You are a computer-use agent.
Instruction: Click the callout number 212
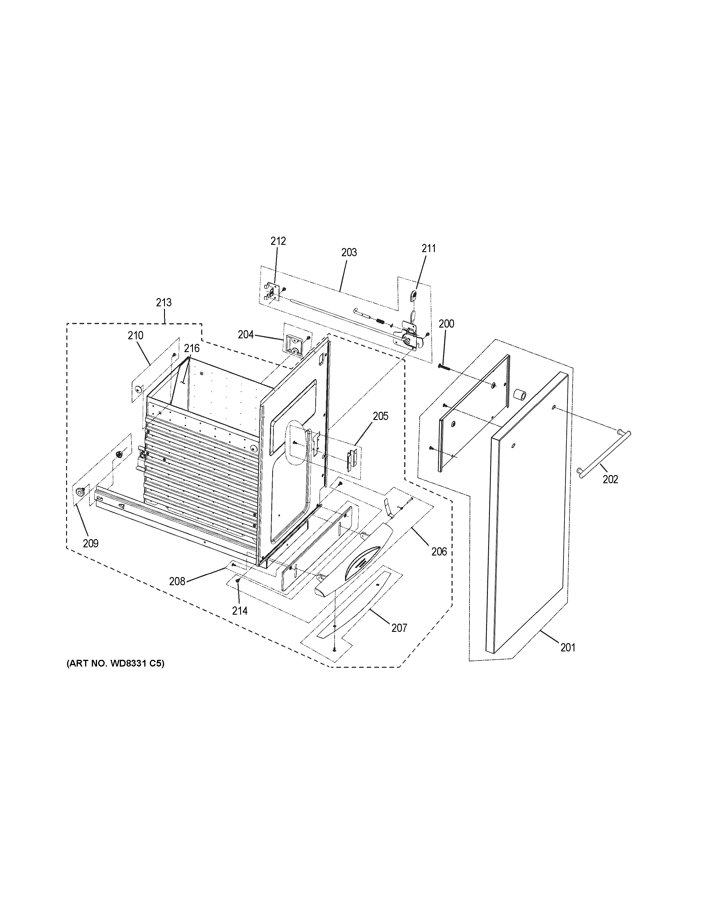tap(278, 241)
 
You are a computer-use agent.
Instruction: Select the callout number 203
tap(349, 252)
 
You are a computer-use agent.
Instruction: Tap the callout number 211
tap(428, 249)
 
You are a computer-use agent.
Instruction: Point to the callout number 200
tap(446, 324)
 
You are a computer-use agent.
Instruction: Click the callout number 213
tap(163, 303)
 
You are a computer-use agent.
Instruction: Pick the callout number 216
tap(191, 349)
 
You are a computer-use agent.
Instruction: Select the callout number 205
tap(380, 416)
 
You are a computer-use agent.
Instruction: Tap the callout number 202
tap(610, 479)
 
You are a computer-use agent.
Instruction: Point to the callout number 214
tap(240, 611)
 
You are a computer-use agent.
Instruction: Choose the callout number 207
tap(399, 640)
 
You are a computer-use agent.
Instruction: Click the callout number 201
tap(567, 659)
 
